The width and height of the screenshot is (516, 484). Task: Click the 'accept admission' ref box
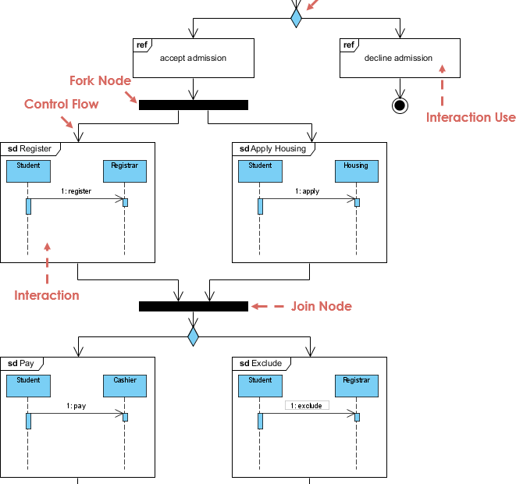[x=193, y=58]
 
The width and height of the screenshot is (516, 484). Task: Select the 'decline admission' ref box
[x=398, y=58]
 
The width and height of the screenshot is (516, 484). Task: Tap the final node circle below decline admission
[x=400, y=105]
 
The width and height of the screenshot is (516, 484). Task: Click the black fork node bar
[x=193, y=105]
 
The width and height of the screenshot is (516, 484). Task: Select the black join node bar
[x=193, y=306]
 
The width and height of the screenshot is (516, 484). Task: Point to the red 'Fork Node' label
[x=100, y=81]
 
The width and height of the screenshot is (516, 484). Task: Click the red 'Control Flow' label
[x=62, y=104]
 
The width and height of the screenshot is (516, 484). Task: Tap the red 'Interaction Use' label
[x=470, y=117]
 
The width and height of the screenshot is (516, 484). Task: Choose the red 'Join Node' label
[x=321, y=307]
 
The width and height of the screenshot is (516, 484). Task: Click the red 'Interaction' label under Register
[x=47, y=295]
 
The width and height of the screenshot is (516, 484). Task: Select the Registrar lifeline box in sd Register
[x=124, y=171]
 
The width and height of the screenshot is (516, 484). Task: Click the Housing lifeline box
[x=356, y=171]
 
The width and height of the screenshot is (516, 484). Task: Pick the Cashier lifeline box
[x=124, y=386]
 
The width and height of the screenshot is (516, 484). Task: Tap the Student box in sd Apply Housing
[x=260, y=171]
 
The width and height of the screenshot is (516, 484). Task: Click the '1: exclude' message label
[x=307, y=406]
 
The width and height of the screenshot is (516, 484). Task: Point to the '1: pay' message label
[x=76, y=406]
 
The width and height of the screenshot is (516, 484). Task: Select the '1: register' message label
[x=76, y=191]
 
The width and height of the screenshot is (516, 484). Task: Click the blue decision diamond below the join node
[x=193, y=336]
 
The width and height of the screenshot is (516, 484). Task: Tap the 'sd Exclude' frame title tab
[x=261, y=363]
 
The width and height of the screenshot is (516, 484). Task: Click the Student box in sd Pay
[x=28, y=386]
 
